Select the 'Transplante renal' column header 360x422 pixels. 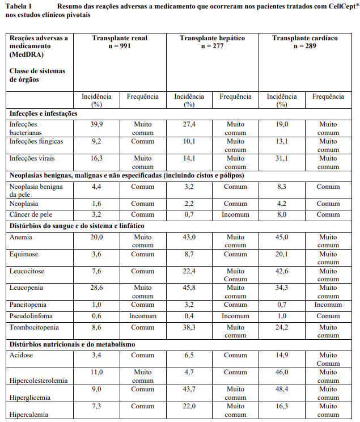[x=120, y=38]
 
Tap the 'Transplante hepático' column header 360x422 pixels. [x=212, y=38]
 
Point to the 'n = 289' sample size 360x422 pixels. [x=304, y=46]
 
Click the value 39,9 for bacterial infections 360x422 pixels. [x=96, y=124]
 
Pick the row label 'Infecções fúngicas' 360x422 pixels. [x=36, y=141]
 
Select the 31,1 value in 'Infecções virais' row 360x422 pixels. [x=282, y=159]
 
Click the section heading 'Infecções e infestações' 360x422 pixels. [x=44, y=113]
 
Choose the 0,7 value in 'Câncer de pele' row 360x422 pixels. [x=189, y=214]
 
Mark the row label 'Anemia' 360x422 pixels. [x=21, y=237]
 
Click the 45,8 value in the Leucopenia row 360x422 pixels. [x=189, y=288]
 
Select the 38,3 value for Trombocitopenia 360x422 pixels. [x=189, y=327]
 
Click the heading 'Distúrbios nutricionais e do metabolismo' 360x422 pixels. [x=72, y=344]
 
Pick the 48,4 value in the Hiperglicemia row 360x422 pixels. [x=282, y=390]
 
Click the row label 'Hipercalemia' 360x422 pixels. [x=29, y=415]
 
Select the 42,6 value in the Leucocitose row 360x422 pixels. [x=282, y=271]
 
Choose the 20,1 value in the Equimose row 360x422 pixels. [x=282, y=254]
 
